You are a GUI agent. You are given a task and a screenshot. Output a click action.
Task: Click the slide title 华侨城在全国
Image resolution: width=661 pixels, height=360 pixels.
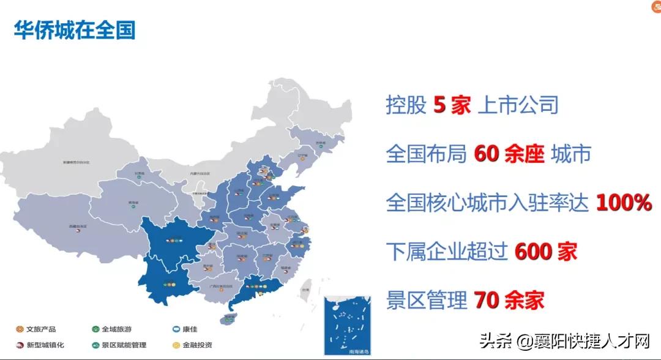tap(74, 30)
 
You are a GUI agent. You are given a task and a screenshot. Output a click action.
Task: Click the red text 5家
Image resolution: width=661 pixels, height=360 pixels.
tap(452, 105)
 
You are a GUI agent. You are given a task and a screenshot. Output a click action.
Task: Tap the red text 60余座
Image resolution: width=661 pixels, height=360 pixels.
tap(509, 154)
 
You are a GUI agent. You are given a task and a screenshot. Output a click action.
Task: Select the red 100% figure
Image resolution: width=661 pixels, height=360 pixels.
tap(623, 203)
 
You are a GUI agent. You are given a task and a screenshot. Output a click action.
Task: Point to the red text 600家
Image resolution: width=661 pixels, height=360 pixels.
tap(545, 252)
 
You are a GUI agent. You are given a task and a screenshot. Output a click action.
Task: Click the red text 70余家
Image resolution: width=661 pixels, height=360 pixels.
tap(508, 300)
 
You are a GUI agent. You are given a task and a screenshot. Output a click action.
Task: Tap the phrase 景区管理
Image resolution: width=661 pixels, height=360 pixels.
tap(427, 300)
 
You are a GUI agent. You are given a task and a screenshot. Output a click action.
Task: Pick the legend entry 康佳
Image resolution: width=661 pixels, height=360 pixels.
tap(184, 329)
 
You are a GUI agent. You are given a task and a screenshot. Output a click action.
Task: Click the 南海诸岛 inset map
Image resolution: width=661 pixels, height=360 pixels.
tap(347, 324)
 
